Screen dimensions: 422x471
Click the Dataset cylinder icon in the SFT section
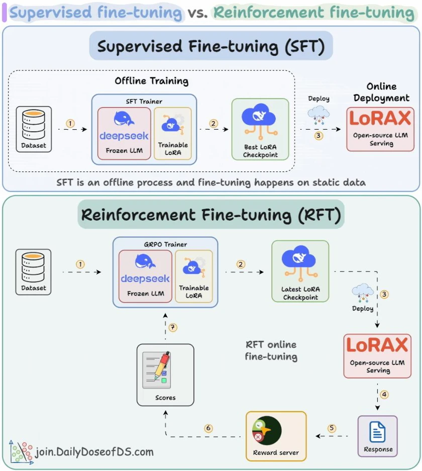(34, 125)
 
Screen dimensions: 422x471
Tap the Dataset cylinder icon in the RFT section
(33, 267)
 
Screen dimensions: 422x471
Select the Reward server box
(276, 436)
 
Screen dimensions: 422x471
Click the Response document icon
(377, 432)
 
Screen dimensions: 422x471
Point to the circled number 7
(173, 327)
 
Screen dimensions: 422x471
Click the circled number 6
(208, 428)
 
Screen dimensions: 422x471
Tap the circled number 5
(332, 428)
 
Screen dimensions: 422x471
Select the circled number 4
(384, 394)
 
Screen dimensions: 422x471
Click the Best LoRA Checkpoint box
(260, 129)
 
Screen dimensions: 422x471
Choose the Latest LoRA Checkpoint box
(300, 271)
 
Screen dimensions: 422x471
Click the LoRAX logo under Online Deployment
(380, 118)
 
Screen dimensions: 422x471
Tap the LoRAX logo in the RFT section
(377, 344)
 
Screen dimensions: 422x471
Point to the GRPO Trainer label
(165, 244)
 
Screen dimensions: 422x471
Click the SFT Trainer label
(144, 102)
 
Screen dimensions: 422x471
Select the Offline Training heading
(152, 81)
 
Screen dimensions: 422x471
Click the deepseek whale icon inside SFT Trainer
(124, 118)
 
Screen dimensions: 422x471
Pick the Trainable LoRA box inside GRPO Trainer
(194, 276)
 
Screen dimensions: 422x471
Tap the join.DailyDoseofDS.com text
(94, 452)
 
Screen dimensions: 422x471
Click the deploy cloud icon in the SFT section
(319, 116)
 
